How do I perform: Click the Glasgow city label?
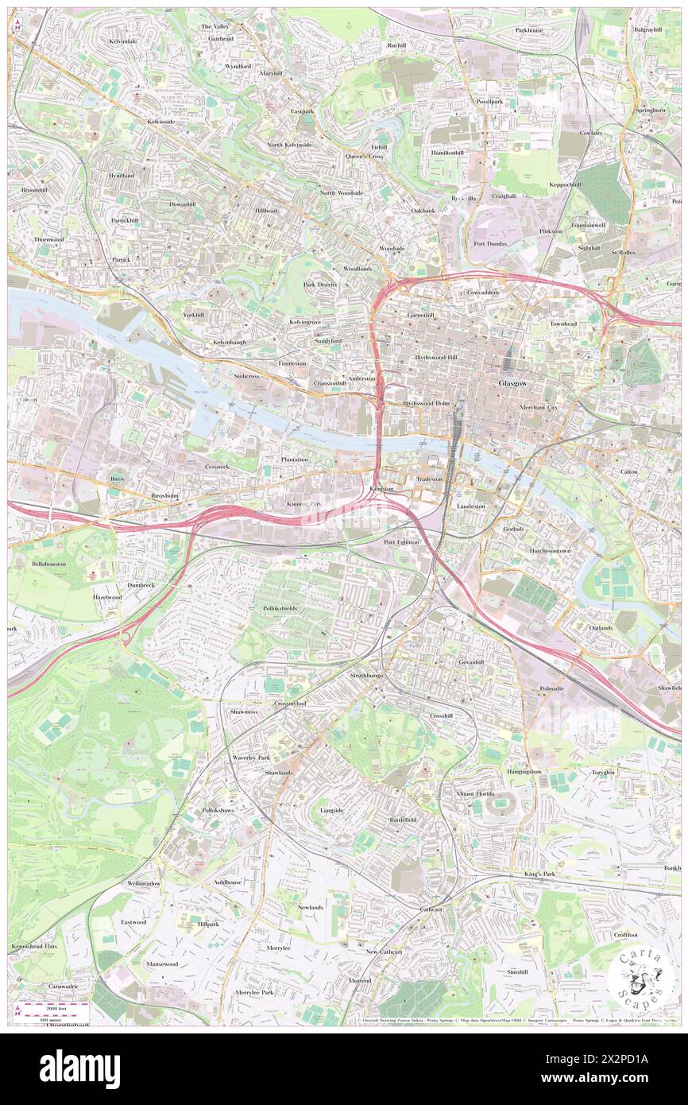coord(512,383)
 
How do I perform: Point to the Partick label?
coord(121,259)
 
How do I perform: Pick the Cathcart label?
coord(431,908)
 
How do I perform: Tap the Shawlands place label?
coord(279,773)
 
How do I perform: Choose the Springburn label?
coord(650,109)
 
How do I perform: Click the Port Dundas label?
coord(491,244)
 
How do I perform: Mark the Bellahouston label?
coord(48,563)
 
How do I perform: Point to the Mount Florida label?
coord(475,794)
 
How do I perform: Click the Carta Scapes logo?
coord(640,978)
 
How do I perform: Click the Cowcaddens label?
coord(482,293)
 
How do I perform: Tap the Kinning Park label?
coord(304,504)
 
